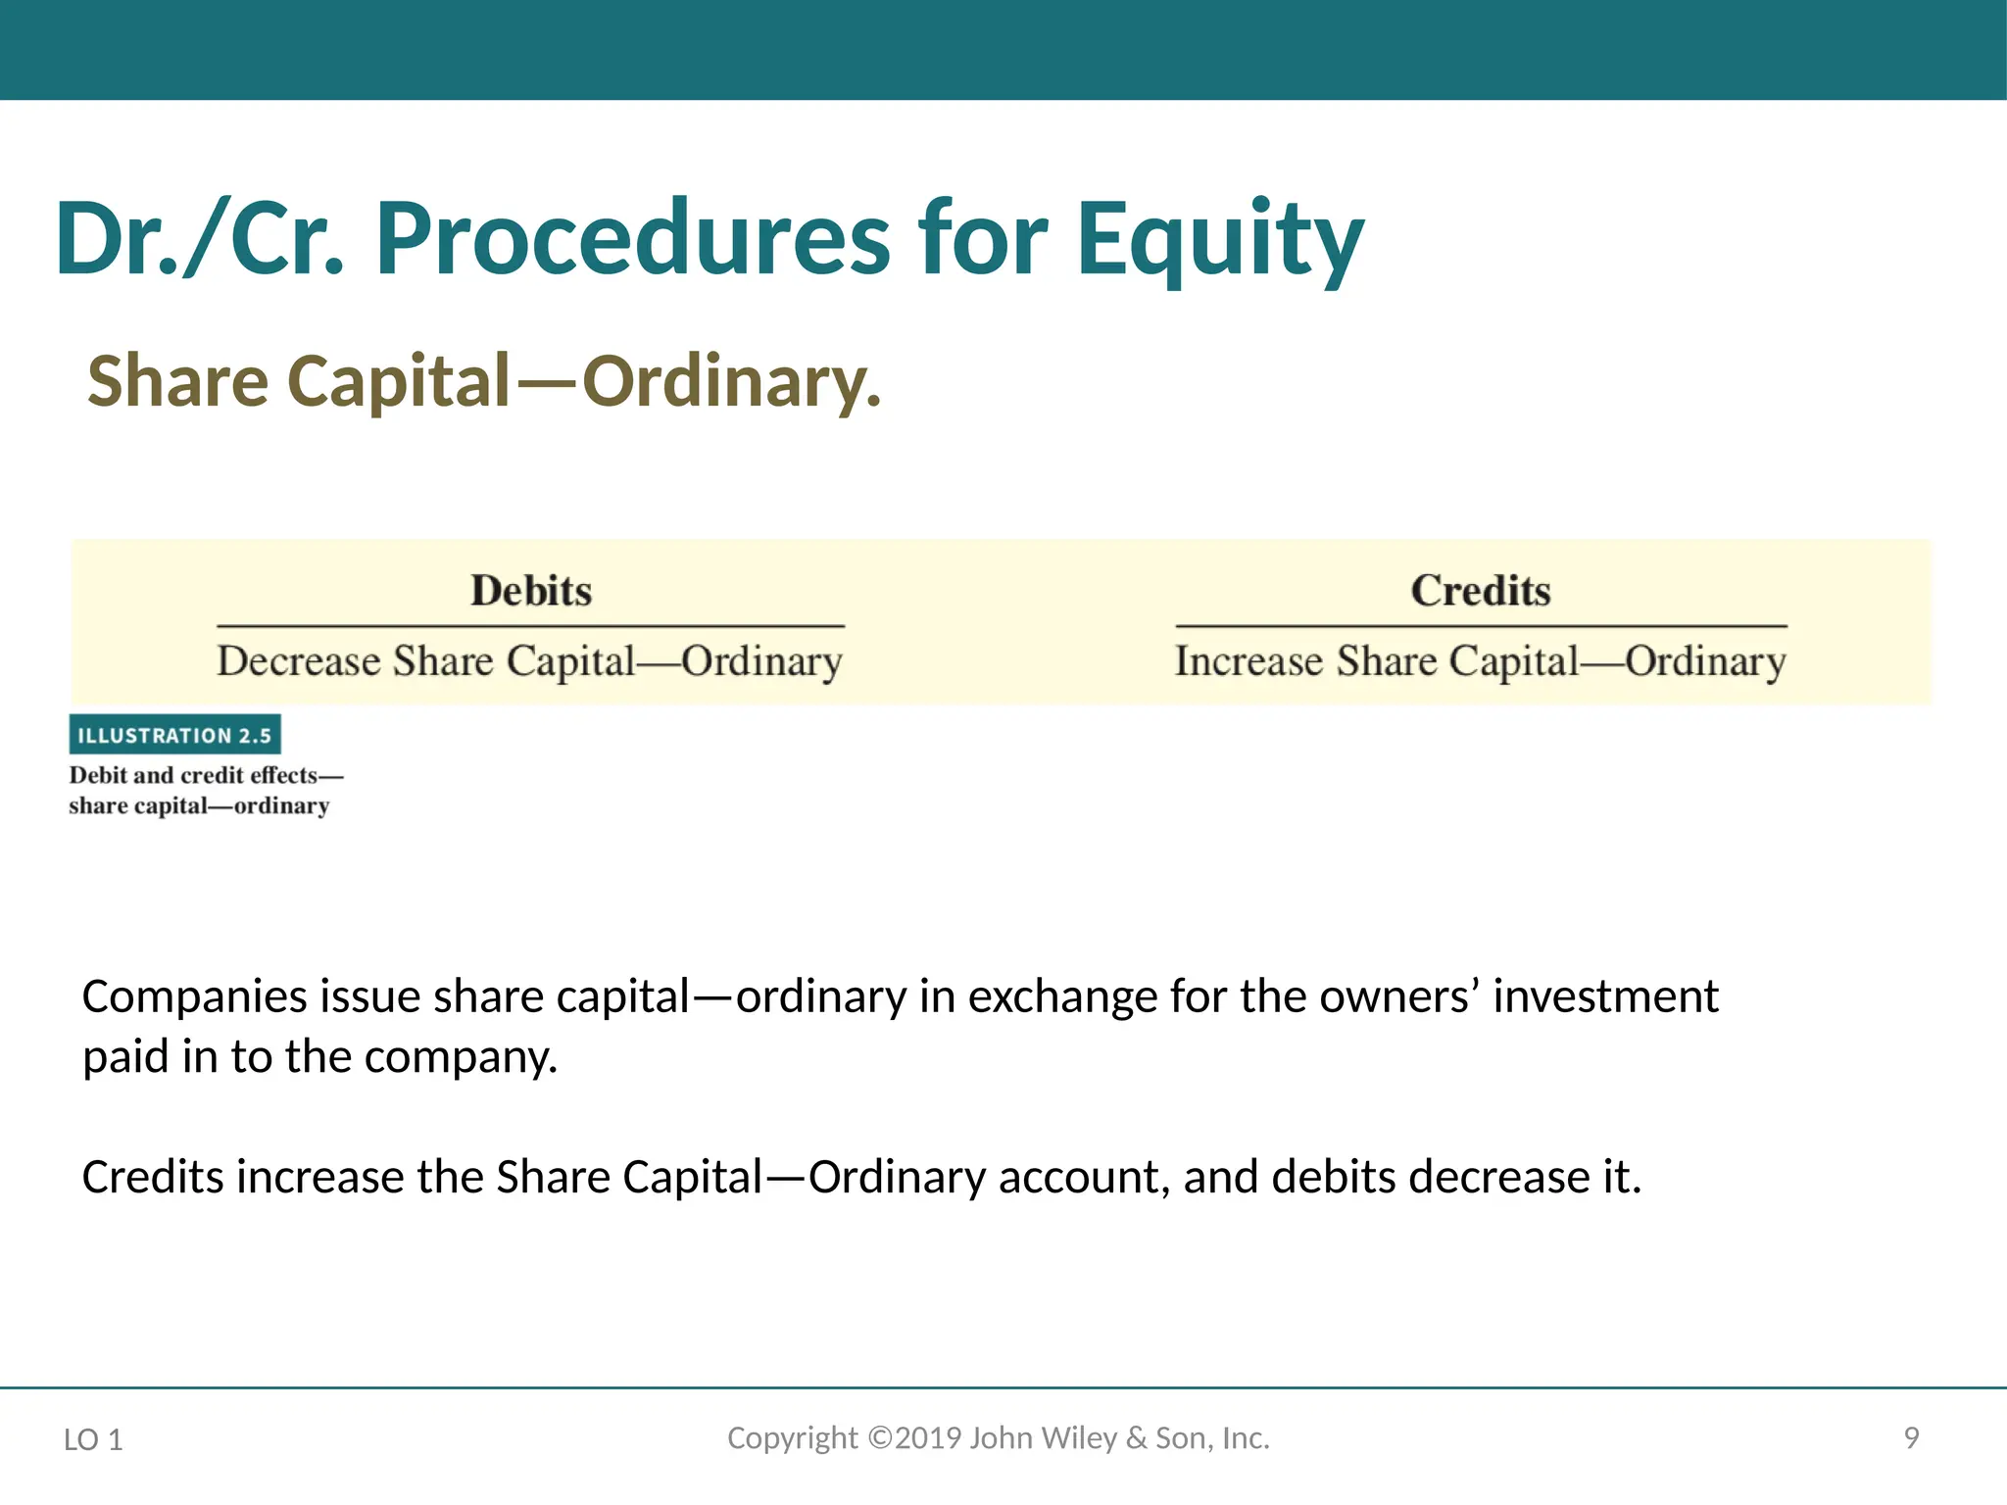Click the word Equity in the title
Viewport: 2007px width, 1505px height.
pyautogui.click(x=1219, y=240)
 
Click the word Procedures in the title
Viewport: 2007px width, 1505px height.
pyautogui.click(x=632, y=240)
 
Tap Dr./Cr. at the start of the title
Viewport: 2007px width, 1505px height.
pyautogui.click(x=201, y=240)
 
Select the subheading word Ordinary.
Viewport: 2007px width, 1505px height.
pyautogui.click(x=730, y=382)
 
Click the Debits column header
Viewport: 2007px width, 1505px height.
pyautogui.click(x=531, y=591)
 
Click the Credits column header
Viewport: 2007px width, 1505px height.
pyautogui.click(x=1481, y=591)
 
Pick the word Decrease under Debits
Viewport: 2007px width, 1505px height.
pyautogui.click(x=299, y=661)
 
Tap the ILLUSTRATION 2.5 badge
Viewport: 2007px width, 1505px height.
pyautogui.click(x=174, y=735)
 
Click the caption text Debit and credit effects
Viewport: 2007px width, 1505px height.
pyautogui.click(x=194, y=775)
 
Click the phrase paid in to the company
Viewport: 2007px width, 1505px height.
pyautogui.click(x=319, y=1058)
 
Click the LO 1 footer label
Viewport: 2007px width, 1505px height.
pyautogui.click(x=93, y=1439)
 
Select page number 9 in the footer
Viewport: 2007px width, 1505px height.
pyautogui.click(x=1911, y=1438)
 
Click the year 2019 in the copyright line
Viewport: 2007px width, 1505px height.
pyautogui.click(x=928, y=1438)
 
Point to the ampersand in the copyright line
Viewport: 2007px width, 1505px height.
pyautogui.click(x=1136, y=1438)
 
